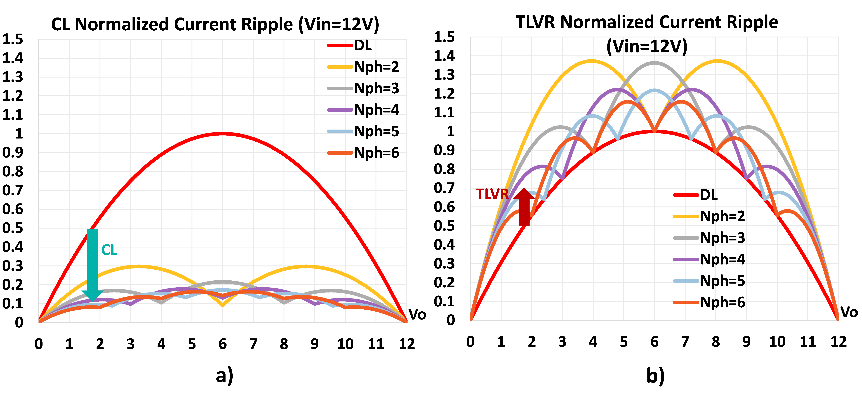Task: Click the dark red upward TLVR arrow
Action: coord(524,207)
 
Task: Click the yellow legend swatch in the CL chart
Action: coord(340,67)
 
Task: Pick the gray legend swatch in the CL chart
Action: coord(340,88)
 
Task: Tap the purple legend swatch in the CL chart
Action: coord(340,110)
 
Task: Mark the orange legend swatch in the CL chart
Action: coord(340,153)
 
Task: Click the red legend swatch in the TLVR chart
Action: coord(686,195)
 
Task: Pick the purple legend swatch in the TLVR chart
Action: coord(686,259)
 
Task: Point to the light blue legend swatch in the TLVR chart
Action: coord(686,281)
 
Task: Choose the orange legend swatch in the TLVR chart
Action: coord(686,302)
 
